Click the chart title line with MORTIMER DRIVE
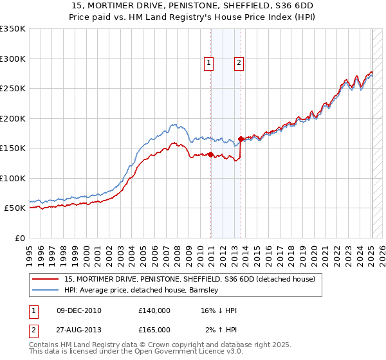(x=192, y=6)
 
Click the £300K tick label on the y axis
(x=13, y=59)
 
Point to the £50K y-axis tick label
(x=15, y=208)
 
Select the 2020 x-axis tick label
(x=314, y=251)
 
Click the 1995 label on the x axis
(x=30, y=251)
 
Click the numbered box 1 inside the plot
(x=210, y=63)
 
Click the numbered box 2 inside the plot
(x=239, y=63)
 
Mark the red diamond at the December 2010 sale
(x=210, y=154)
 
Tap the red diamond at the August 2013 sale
(x=241, y=139)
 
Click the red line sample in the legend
(x=46, y=280)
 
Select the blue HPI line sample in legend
(x=46, y=290)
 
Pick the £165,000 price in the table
(x=154, y=330)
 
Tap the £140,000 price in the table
(x=154, y=310)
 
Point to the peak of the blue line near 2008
(x=174, y=124)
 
